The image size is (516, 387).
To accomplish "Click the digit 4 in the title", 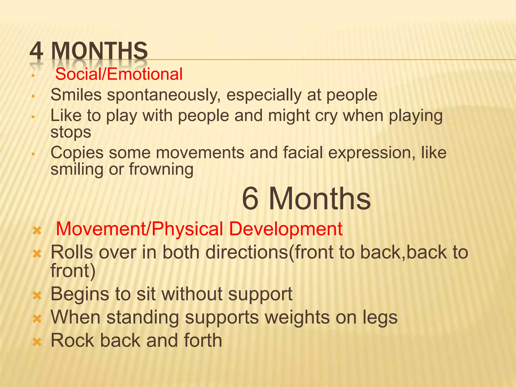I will point(36,51).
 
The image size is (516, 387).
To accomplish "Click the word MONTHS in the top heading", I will point(99,51).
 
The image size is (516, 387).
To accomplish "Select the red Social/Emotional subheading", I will point(119,74).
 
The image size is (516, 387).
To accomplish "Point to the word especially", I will point(264,95).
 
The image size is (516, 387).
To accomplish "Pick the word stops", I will point(71,132).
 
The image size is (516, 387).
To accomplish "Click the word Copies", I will point(77,153).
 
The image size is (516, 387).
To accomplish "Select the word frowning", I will point(161,169).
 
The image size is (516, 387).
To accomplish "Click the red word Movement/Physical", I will point(139,229).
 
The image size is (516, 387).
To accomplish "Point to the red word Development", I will point(286,229).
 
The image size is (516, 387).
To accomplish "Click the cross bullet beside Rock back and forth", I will point(37,342).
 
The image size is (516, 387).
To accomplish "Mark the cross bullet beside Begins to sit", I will point(37,296).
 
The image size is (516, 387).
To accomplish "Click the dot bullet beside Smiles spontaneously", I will point(33,96).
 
